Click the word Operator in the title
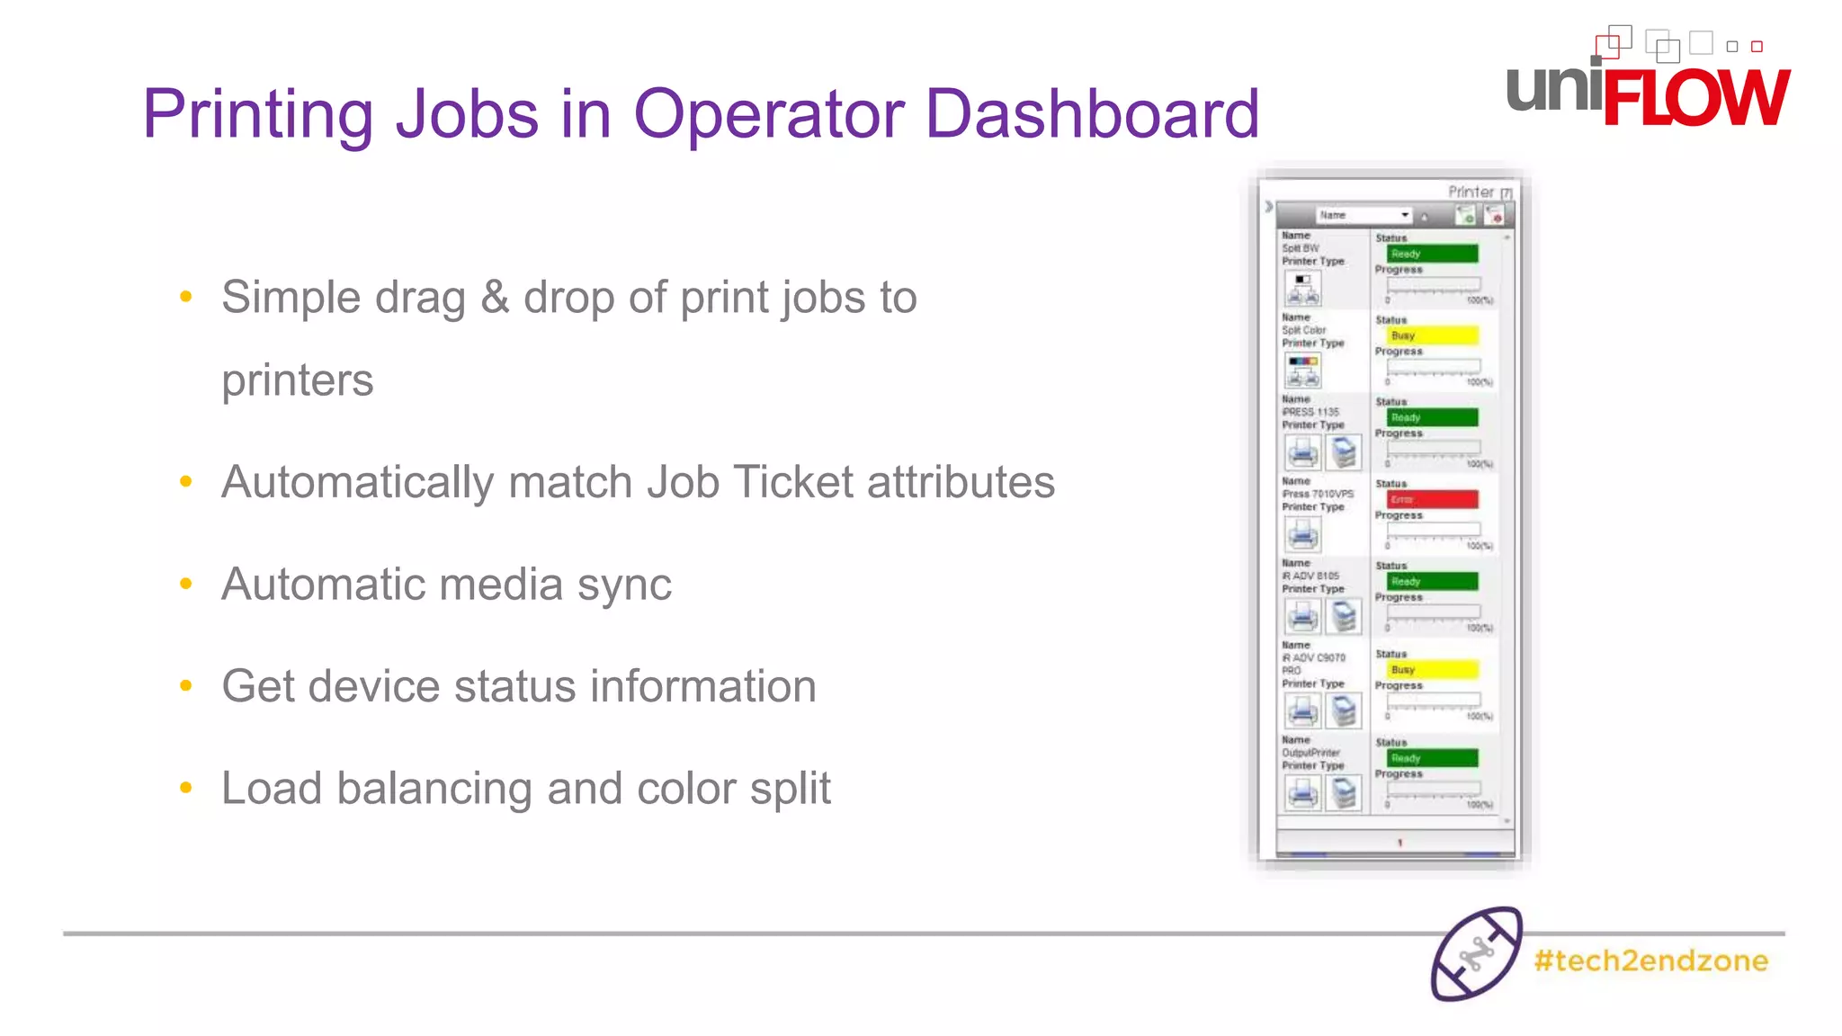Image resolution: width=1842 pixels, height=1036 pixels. pos(769,113)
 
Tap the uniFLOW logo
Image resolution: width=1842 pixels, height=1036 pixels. pos(1648,85)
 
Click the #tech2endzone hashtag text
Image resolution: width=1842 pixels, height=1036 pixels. pos(1650,960)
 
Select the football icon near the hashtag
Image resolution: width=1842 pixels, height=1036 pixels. pos(1476,954)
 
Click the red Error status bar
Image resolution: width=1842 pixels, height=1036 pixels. pos(1432,499)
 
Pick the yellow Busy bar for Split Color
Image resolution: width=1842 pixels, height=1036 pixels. pos(1432,335)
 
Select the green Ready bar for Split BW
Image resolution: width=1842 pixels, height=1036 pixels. pos(1432,254)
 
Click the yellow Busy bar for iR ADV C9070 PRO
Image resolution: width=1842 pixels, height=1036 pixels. pos(1432,669)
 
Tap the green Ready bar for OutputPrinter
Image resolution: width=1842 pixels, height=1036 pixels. pos(1432,758)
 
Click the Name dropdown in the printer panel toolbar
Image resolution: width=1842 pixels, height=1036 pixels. pos(1364,215)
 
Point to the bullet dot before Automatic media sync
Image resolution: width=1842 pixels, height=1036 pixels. pos(186,585)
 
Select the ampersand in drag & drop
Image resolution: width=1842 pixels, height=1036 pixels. pos(495,298)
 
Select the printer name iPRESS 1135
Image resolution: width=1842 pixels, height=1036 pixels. pos(1310,412)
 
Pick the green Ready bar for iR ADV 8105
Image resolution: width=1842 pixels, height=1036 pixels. pos(1432,581)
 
